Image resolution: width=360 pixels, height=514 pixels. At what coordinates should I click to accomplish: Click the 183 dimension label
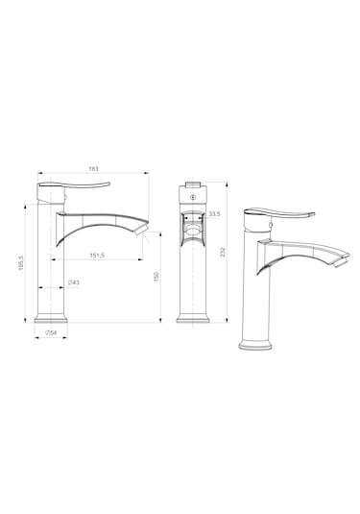93,169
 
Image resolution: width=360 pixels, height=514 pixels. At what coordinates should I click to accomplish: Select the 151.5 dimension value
97,255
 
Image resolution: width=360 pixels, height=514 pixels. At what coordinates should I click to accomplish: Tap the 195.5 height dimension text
21,263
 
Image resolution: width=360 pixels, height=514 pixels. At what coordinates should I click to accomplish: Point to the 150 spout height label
156,277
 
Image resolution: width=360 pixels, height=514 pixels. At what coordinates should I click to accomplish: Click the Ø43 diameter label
73,282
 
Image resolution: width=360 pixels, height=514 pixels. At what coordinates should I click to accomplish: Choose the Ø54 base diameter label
51,332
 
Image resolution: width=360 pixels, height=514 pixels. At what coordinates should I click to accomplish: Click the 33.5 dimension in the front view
214,214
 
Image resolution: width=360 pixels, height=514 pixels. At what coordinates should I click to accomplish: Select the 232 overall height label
223,252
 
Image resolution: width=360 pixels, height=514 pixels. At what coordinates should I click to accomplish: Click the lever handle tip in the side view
108,183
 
